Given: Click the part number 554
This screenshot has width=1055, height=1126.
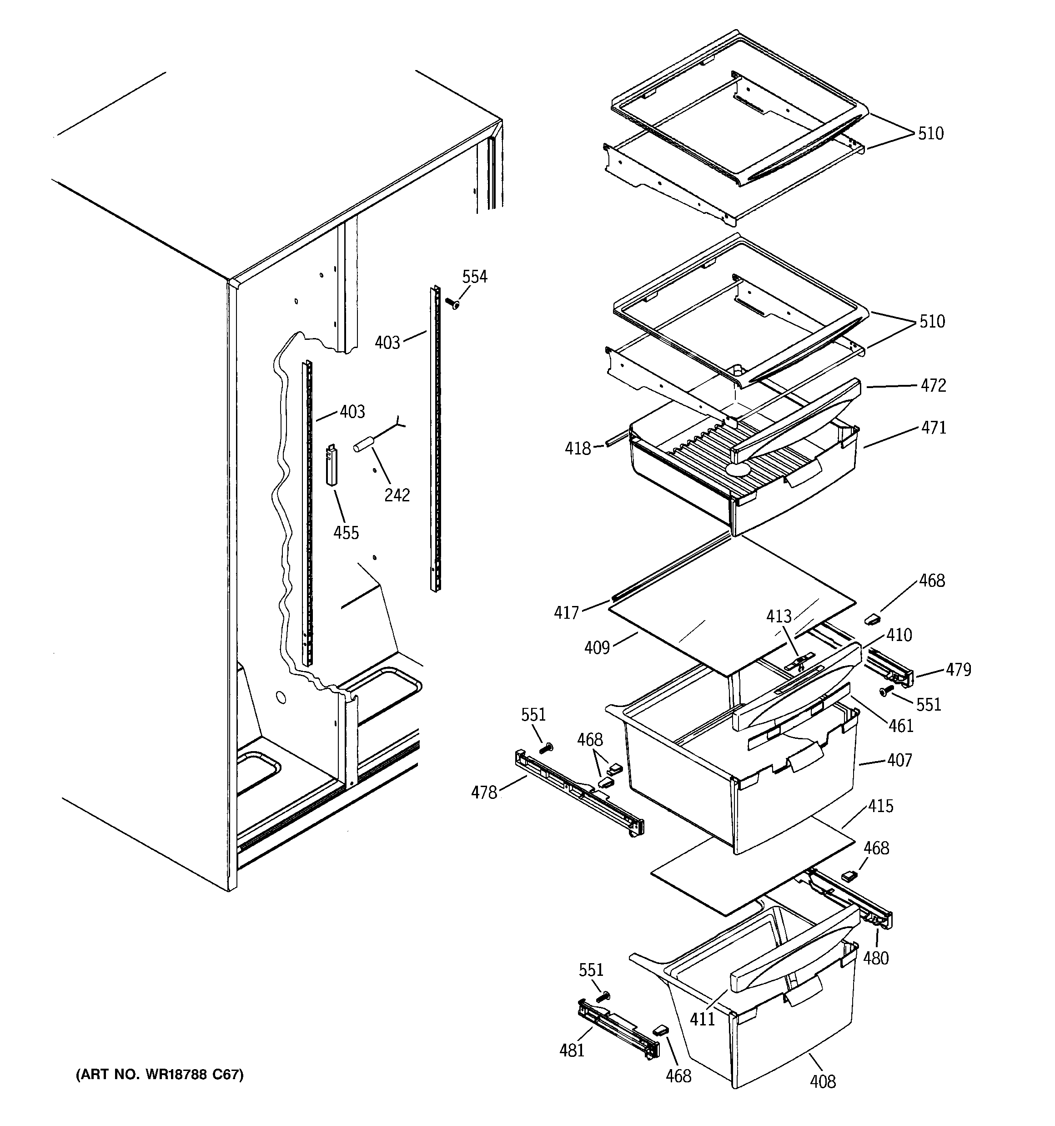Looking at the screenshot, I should pyautogui.click(x=475, y=277).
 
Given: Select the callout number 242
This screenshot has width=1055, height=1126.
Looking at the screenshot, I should pyautogui.click(x=397, y=495).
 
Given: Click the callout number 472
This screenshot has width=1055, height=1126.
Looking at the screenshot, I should pyautogui.click(x=933, y=386).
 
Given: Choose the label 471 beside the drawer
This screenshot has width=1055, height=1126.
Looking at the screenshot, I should pyautogui.click(x=933, y=428).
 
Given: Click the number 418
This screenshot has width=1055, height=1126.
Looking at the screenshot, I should pyautogui.click(x=578, y=449).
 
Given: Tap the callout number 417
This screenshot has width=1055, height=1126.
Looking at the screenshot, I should pyautogui.click(x=566, y=612).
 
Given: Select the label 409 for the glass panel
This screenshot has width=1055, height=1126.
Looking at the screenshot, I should pyautogui.click(x=597, y=647).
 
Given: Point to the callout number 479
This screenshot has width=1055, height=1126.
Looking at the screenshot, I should pyautogui.click(x=958, y=670).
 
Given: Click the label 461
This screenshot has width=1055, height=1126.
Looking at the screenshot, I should pyautogui.click(x=901, y=726).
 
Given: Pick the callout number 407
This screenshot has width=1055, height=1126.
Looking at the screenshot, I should pyautogui.click(x=900, y=760).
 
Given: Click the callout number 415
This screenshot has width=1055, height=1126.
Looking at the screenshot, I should pyautogui.click(x=881, y=806).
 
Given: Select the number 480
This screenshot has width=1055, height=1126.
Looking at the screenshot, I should pyautogui.click(x=875, y=958).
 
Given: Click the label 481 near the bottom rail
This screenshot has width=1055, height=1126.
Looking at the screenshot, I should pyautogui.click(x=572, y=1050).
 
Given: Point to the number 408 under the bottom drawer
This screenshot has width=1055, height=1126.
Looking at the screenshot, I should pyautogui.click(x=822, y=1082).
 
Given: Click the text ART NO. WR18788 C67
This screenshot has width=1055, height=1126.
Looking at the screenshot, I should pyautogui.click(x=160, y=1075).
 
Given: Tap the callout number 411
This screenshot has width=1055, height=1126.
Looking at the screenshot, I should pyautogui.click(x=702, y=1020).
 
